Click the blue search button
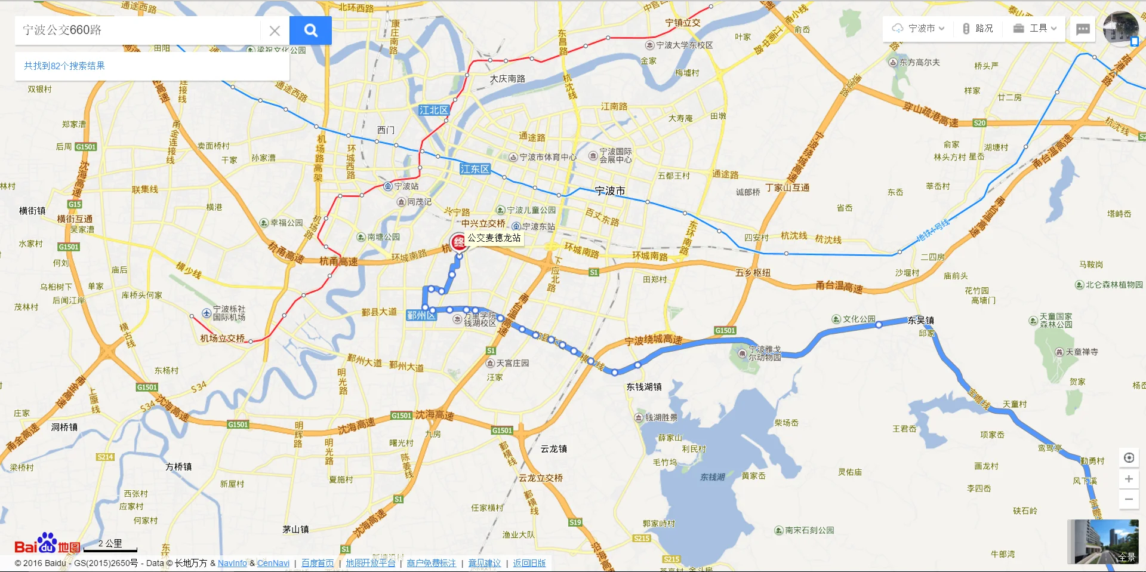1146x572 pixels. [x=310, y=30]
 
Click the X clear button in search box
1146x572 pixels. [x=275, y=30]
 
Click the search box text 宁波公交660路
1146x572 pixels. [x=62, y=30]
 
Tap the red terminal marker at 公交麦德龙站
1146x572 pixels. [x=458, y=242]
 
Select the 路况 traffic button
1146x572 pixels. [x=978, y=28]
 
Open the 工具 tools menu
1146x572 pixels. [x=1035, y=28]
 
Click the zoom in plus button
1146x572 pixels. [x=1129, y=479]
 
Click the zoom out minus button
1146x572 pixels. [x=1129, y=499]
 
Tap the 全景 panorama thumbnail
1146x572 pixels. [x=1102, y=542]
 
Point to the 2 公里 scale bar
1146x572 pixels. [x=110, y=545]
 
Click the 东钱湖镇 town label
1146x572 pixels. [x=643, y=387]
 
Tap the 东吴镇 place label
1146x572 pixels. [x=921, y=320]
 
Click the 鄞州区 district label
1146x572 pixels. [x=420, y=315]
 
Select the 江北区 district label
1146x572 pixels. [x=433, y=110]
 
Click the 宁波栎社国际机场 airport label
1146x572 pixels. [x=229, y=313]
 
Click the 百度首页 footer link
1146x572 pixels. [x=318, y=563]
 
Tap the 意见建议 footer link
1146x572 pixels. [x=484, y=563]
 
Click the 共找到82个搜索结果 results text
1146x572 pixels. [x=64, y=66]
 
